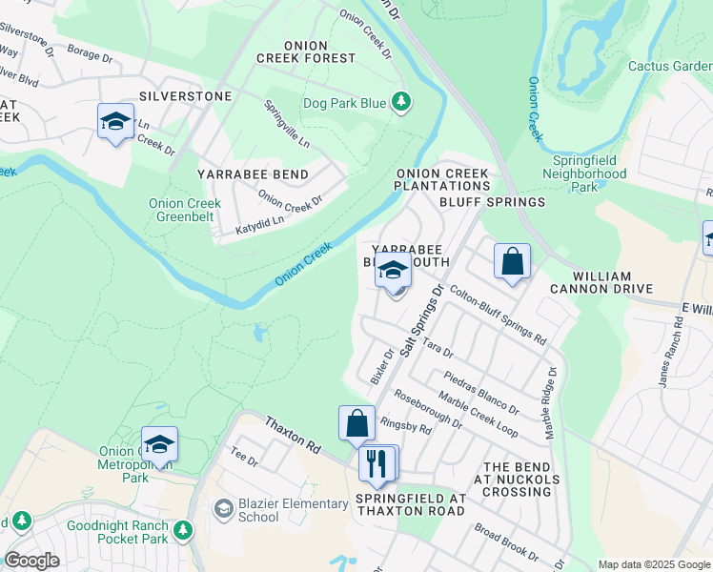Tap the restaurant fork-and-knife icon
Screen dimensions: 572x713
[377, 464]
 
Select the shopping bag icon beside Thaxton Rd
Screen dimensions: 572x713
[356, 423]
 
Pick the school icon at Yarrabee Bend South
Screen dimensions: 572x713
[392, 271]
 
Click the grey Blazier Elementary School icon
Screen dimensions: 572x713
[223, 509]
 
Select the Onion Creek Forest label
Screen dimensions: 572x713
[305, 51]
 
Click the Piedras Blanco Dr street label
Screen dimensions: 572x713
[480, 392]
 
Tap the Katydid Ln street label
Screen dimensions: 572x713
[260, 225]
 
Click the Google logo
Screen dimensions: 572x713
[31, 561]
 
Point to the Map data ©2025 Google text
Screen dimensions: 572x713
[653, 564]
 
